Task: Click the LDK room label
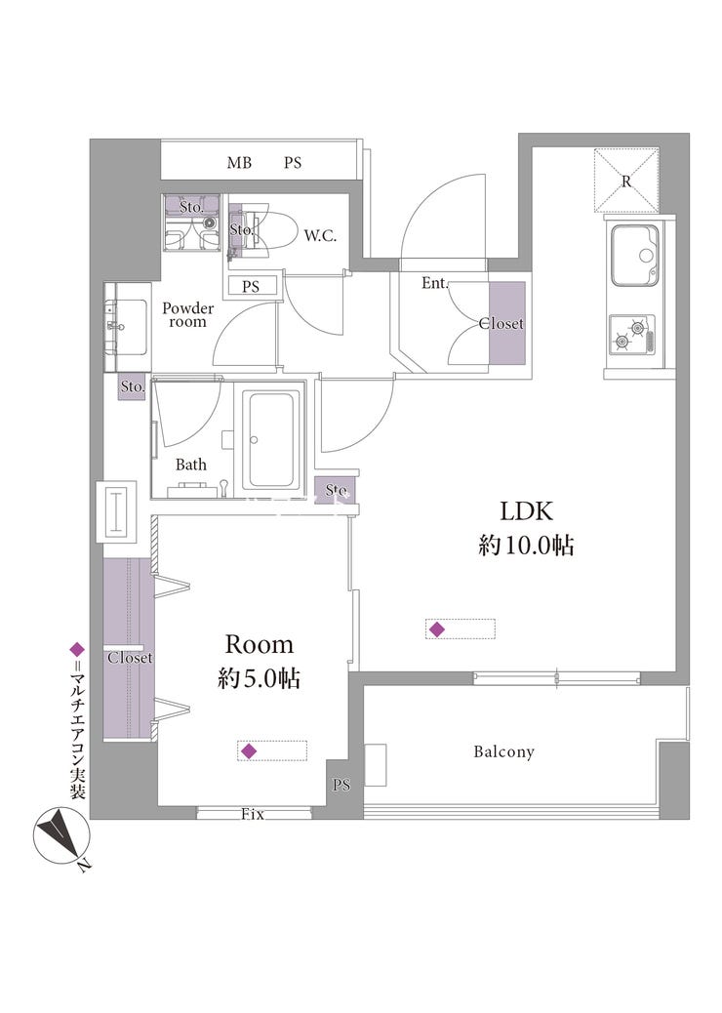coord(526,511)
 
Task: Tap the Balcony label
coord(503,752)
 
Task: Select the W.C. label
coord(320,236)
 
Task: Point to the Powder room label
coord(188,314)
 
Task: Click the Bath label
coord(191,465)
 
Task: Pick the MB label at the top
coord(239,163)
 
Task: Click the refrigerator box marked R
coord(626,181)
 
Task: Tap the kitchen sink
coord(635,256)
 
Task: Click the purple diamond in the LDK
coord(437,629)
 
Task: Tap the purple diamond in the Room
coord(249,750)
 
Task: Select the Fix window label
coord(253,815)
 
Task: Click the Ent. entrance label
coord(434,283)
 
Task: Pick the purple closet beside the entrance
coord(507,323)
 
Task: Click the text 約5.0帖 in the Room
coord(259,678)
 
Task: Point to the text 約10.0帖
coord(526,546)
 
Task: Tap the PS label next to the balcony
coord(341,785)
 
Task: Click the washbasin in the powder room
coord(127,327)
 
